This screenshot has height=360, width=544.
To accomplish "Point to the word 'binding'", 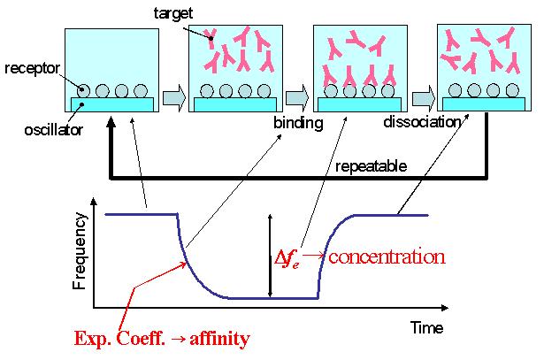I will (298, 123).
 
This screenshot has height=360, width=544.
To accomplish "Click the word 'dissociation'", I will (423, 122).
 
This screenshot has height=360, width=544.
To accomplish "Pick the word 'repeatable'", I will (372, 165).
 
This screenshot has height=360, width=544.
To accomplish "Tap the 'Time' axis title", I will (426, 328).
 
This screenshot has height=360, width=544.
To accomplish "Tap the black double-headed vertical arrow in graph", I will (269, 256).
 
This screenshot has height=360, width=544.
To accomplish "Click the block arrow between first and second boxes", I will (174, 95).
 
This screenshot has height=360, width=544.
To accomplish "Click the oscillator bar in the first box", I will (112, 104).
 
